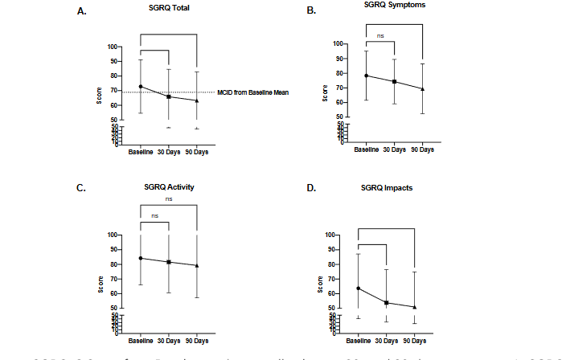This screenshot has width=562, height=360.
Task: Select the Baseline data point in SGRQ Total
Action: [141, 86]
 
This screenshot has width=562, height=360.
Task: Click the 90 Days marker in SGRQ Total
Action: [196, 100]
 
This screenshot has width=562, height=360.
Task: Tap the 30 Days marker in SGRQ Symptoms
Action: [394, 81]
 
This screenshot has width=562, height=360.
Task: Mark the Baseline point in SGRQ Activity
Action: [141, 258]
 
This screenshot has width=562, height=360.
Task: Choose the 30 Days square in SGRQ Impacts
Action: [386, 302]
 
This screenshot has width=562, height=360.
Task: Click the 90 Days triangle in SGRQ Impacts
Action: [414, 307]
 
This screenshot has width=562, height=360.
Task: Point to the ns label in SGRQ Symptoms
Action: [380, 35]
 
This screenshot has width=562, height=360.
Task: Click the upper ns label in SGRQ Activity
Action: [169, 198]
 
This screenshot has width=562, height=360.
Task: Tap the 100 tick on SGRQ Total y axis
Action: [113, 47]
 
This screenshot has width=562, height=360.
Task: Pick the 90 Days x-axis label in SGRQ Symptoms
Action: [422, 149]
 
